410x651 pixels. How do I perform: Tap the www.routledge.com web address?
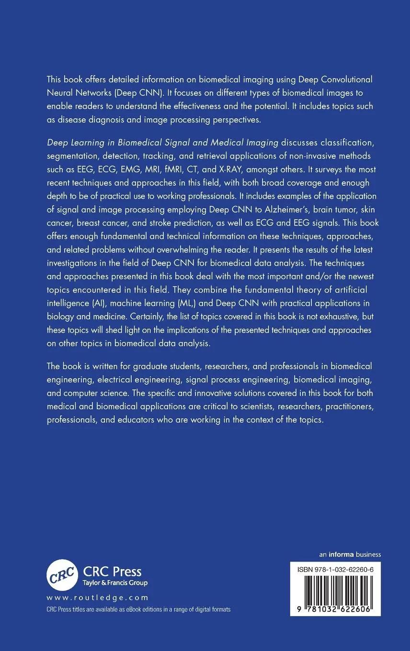pos(97,598)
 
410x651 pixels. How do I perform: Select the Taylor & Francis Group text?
pos(115,583)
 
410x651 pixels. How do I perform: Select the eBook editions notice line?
pos(138,609)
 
